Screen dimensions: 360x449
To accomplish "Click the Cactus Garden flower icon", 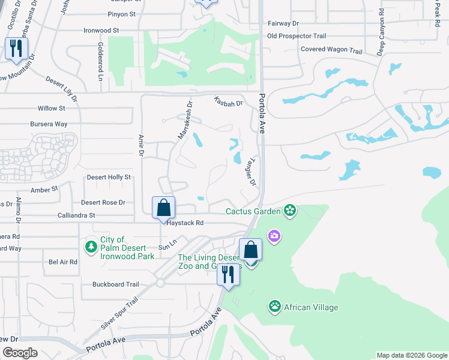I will click(x=290, y=211).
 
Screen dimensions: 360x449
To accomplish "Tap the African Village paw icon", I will click(x=275, y=307).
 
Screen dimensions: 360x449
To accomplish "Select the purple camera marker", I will click(x=274, y=236).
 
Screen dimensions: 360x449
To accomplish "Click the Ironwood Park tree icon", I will click(x=91, y=247).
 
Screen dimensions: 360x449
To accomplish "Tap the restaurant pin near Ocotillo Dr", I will click(x=16, y=48).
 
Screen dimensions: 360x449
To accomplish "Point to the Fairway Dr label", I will click(x=283, y=23).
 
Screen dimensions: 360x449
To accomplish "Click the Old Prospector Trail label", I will click(x=297, y=36).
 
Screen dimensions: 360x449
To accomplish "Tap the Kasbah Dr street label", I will click(x=228, y=103).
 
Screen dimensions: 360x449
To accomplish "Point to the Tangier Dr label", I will click(x=249, y=171).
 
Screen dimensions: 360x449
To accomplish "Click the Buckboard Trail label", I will click(x=115, y=284).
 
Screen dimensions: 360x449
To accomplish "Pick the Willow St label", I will click(x=51, y=108).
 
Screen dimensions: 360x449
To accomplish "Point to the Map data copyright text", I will click(x=411, y=355).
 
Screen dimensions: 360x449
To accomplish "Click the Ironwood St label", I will click(x=101, y=29).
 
